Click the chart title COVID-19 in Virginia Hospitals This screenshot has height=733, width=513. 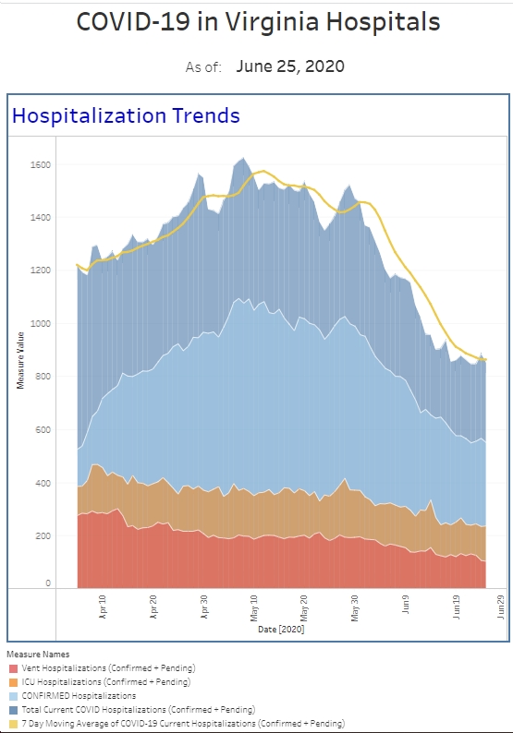(x=258, y=22)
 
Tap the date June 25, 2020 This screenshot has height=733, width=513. (x=290, y=66)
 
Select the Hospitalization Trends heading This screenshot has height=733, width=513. (x=126, y=116)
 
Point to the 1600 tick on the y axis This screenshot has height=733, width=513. (x=41, y=165)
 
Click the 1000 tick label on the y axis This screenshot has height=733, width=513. (x=41, y=323)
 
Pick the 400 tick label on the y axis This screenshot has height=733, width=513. (x=43, y=483)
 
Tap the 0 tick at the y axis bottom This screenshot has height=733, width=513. (x=48, y=583)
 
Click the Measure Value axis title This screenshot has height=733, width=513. (x=20, y=360)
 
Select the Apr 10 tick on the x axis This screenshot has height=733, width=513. (x=103, y=607)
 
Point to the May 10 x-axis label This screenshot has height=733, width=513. (x=254, y=608)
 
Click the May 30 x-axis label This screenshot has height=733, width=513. (x=355, y=608)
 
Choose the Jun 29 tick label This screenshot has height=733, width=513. (x=500, y=607)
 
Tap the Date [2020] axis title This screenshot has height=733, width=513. (x=281, y=630)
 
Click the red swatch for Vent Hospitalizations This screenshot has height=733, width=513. (x=13, y=668)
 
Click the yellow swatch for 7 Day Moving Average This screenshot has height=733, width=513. (x=13, y=724)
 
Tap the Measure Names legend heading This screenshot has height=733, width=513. (x=38, y=654)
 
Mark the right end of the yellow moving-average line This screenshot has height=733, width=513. (x=486, y=359)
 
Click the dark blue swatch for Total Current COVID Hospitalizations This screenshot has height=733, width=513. (x=13, y=710)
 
